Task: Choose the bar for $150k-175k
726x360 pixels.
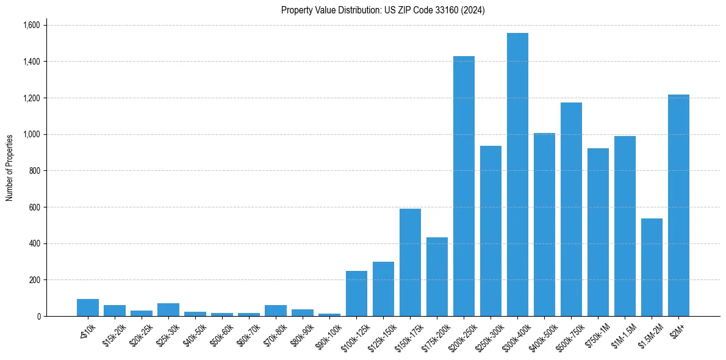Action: pos(410,262)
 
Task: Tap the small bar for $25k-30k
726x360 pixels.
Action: pos(168,310)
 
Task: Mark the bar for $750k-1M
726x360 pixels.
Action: pos(598,232)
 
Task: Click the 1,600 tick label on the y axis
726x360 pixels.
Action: pos(31,25)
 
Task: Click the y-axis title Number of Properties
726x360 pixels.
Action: pos(10,168)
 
